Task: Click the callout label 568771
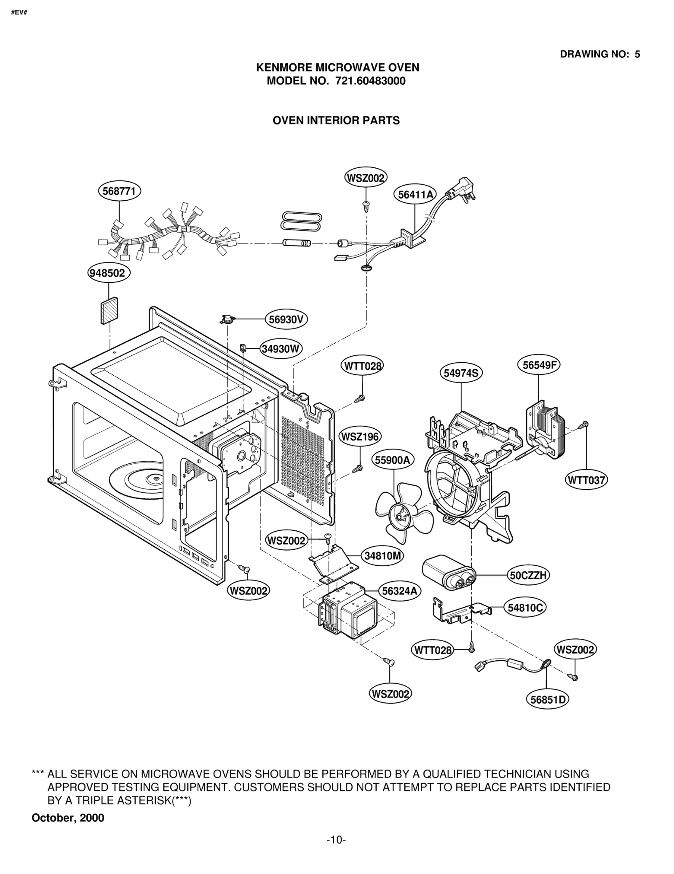[119, 191]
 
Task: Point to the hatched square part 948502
[109, 311]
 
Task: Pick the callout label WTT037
[586, 480]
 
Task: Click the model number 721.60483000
[370, 81]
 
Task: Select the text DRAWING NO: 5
[599, 54]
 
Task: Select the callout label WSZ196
[360, 437]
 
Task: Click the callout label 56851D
[547, 700]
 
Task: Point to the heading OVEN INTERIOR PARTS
[336, 121]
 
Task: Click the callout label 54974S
[461, 373]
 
